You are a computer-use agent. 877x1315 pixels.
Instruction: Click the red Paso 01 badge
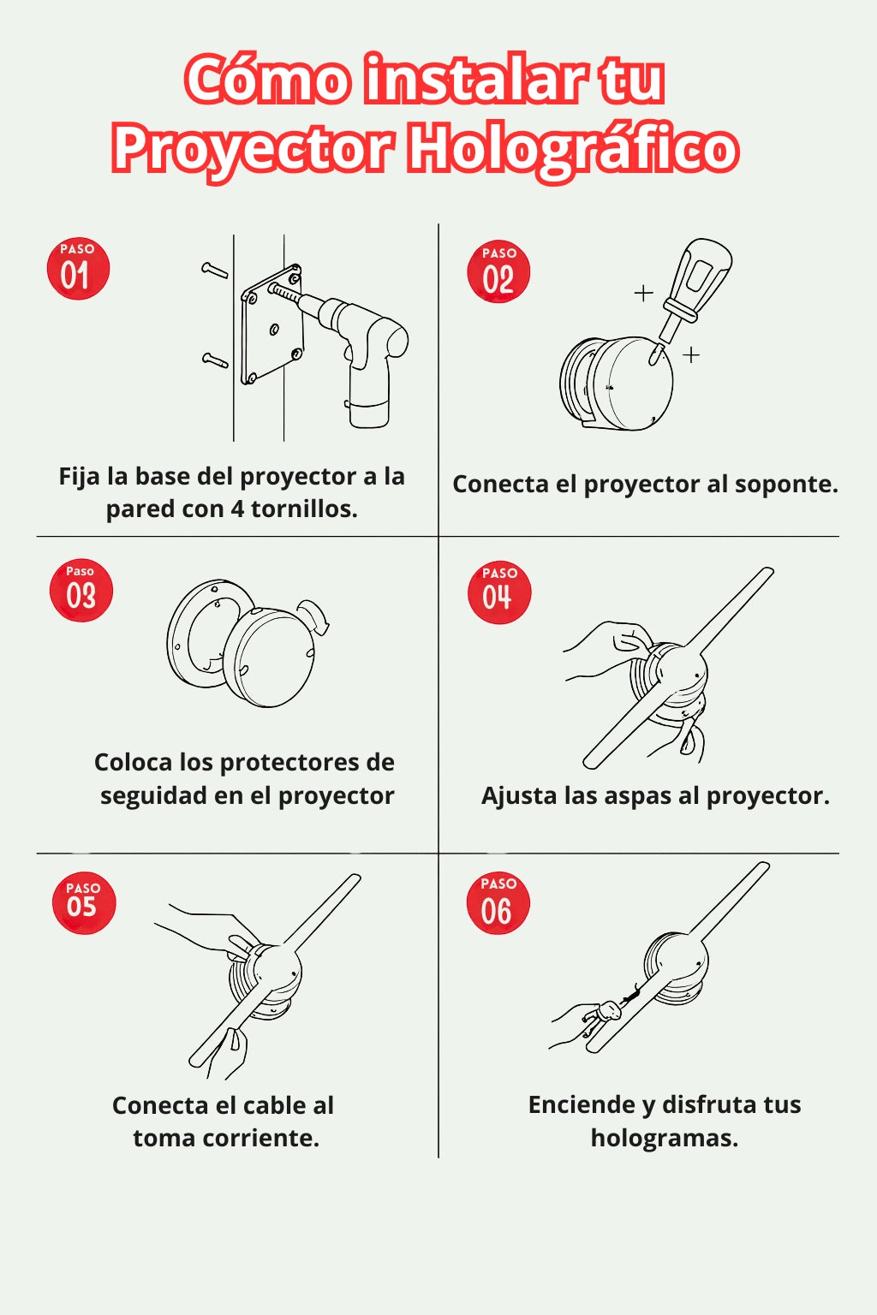(x=78, y=269)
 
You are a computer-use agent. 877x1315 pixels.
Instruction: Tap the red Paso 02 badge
(x=498, y=271)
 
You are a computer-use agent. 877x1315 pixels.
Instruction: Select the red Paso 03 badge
(x=81, y=590)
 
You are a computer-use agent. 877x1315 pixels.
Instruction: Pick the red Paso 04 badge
(x=499, y=592)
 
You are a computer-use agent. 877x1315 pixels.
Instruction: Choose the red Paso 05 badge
(x=83, y=903)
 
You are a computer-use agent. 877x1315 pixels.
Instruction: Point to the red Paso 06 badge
(x=498, y=903)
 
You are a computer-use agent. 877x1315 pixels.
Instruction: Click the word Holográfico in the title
(x=573, y=149)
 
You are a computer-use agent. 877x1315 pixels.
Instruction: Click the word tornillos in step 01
(x=304, y=509)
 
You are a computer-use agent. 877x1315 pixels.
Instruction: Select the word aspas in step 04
(x=637, y=797)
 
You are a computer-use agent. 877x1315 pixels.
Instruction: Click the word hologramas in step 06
(x=665, y=1139)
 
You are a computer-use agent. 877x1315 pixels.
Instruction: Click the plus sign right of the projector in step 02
(x=691, y=354)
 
